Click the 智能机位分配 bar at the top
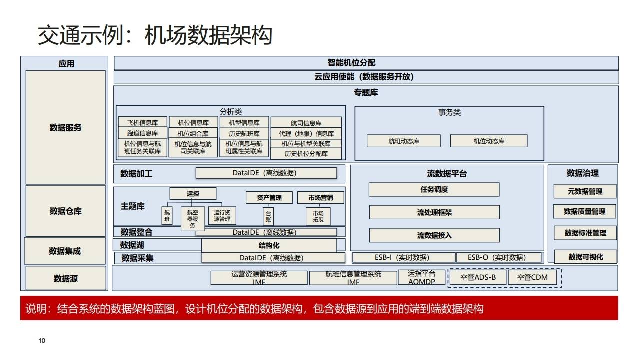[366, 63]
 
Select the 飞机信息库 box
[142, 123]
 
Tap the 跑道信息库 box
[142, 133]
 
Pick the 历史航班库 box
[244, 134]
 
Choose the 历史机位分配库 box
[306, 154]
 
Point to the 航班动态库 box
[403, 141]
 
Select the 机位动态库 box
[488, 141]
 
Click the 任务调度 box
[434, 190]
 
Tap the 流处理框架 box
[434, 212]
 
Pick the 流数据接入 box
[434, 235]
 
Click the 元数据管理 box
[585, 191]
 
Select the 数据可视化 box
[585, 257]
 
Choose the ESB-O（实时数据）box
[498, 258]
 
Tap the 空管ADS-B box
[478, 277]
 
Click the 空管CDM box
[532, 277]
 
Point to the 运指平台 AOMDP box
[421, 278]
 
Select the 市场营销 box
[321, 198]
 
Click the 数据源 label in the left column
[66, 278]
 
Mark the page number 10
[42, 341]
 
